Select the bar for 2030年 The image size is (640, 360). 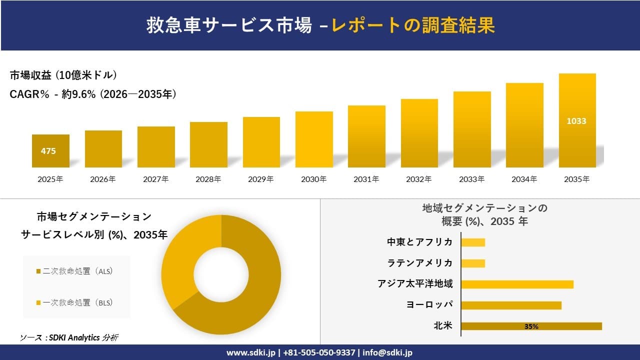click(x=314, y=139)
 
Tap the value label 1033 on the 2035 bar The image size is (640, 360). click(x=576, y=121)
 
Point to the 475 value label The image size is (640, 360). click(x=48, y=151)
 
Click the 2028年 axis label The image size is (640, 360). click(x=208, y=179)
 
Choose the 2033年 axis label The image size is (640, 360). click(x=471, y=179)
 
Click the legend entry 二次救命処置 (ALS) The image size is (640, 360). click(x=75, y=271)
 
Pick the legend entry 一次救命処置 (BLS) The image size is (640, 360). click(x=75, y=302)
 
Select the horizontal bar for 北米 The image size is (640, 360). click(x=531, y=326)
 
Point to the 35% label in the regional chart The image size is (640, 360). click(x=531, y=326)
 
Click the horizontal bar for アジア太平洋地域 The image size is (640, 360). click(x=517, y=284)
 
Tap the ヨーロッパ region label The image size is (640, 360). click(x=430, y=305)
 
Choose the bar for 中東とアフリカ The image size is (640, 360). click(x=473, y=242)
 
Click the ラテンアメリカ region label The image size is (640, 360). click(x=420, y=263)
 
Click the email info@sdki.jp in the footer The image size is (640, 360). click(x=387, y=352)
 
